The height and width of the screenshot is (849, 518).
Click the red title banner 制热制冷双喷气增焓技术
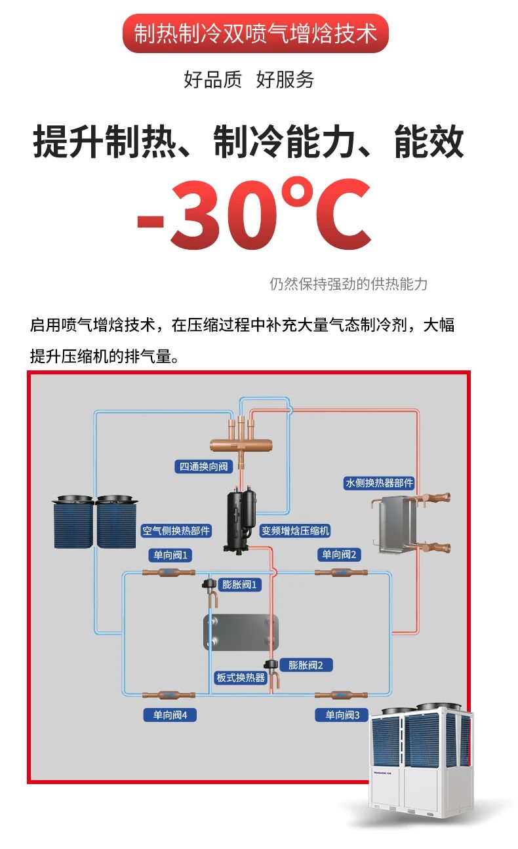[256, 33]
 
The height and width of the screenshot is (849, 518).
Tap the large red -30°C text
[254, 214]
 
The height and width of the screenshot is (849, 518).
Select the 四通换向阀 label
[204, 466]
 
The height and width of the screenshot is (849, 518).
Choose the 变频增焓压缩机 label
[295, 530]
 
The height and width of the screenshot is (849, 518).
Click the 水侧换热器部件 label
[379, 483]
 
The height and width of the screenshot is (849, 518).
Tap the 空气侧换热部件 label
[176, 530]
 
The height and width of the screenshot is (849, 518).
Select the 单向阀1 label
[170, 555]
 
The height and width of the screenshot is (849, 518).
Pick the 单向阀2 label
[339, 555]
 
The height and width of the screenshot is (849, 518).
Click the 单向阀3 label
[342, 715]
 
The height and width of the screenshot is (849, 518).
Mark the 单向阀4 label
[170, 715]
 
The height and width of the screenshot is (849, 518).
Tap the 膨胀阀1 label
[239, 584]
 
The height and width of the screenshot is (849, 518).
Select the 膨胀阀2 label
[306, 665]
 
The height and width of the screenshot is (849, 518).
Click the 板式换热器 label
[241, 677]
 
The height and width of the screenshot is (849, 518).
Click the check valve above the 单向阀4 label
[169, 695]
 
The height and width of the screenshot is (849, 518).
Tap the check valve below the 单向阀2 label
[341, 572]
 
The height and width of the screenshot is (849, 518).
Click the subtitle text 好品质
[212, 79]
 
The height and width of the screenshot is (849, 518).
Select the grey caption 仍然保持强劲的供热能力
[348, 284]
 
